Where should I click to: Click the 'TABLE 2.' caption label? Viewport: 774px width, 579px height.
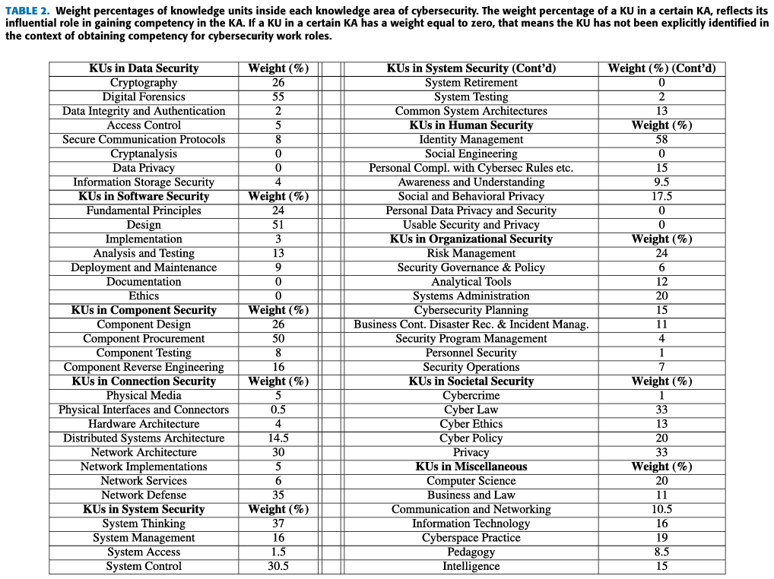pos(28,11)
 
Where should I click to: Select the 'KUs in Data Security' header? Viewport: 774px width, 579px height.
pos(144,68)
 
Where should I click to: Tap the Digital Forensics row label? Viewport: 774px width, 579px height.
pos(144,96)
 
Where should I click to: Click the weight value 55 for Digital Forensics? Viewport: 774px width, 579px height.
pos(278,96)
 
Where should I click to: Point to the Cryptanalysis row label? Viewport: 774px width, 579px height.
pos(144,153)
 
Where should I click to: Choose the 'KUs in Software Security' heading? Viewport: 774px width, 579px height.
pos(144,196)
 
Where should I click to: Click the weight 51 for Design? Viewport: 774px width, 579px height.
pos(278,225)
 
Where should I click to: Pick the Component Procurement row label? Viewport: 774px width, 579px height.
pos(144,339)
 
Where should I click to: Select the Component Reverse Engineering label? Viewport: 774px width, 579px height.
pos(144,367)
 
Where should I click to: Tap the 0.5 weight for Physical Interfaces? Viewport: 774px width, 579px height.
pos(278,410)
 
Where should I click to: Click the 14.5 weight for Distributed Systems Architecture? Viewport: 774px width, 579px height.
pos(278,438)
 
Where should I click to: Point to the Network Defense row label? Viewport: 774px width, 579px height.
pos(144,495)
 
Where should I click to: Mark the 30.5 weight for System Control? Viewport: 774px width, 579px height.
pos(278,566)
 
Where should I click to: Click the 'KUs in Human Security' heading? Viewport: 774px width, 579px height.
pos(471,125)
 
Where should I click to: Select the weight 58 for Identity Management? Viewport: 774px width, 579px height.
pos(661,140)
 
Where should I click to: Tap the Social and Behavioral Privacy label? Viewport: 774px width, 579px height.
pos(471,196)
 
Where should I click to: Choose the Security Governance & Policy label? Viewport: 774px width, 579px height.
pos(471,267)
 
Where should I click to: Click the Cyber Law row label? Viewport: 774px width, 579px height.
pos(471,410)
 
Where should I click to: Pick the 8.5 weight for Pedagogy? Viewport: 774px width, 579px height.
pos(661,552)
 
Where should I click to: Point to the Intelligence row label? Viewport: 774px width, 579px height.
pos(471,566)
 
